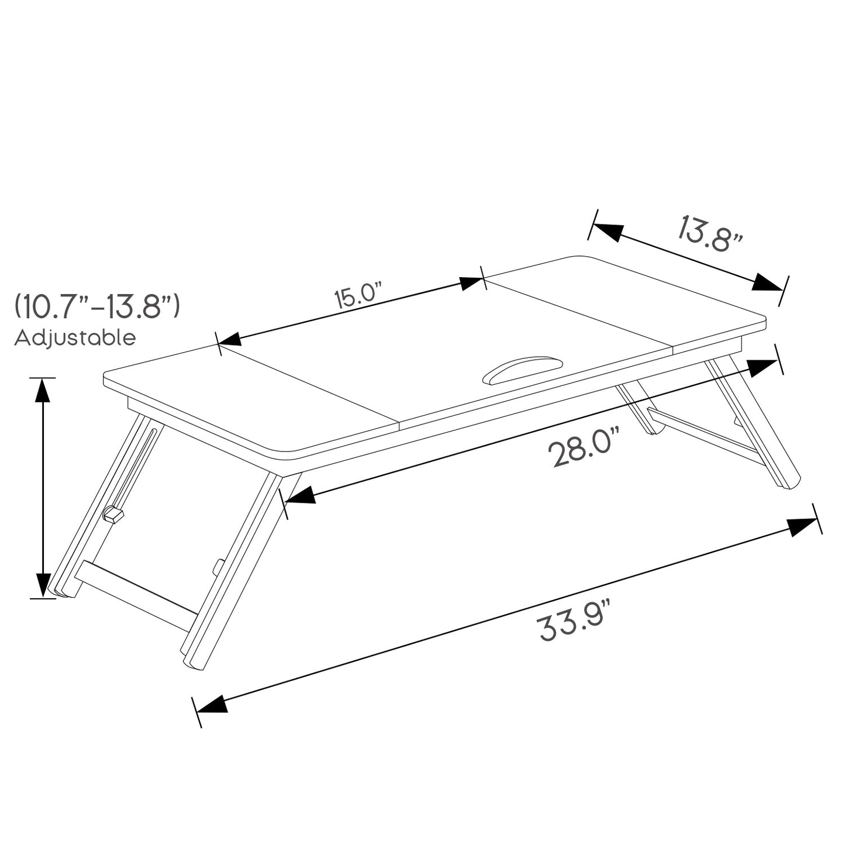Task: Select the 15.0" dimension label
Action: (x=358, y=295)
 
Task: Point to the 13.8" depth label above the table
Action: (x=710, y=233)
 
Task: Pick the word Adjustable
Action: (x=75, y=338)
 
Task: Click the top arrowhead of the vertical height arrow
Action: (x=43, y=390)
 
